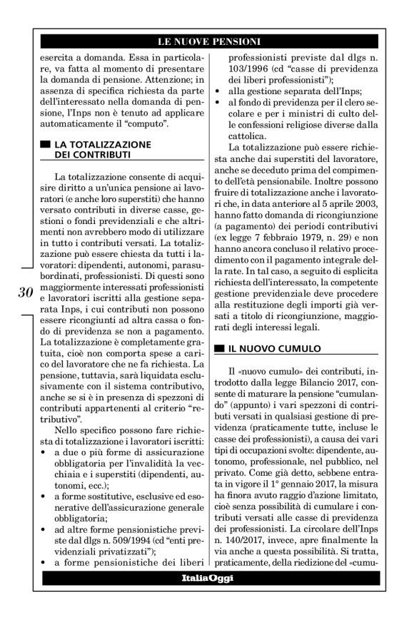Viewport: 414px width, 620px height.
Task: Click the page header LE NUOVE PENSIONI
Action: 208,41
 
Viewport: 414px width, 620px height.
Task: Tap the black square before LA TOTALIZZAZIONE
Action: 46,143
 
